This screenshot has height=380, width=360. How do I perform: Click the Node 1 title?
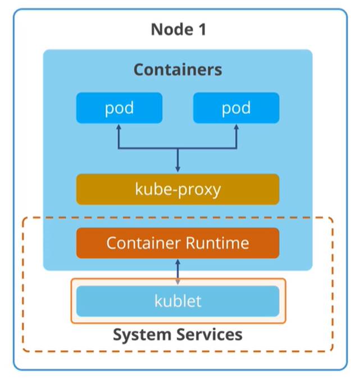pyautogui.click(x=179, y=30)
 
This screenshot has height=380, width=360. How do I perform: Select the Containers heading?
pyautogui.click(x=177, y=70)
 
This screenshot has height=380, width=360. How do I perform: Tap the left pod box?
pyautogui.click(x=119, y=108)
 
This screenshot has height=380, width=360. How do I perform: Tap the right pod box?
pyautogui.click(x=236, y=108)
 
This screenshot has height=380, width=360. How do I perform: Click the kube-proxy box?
pyautogui.click(x=177, y=189)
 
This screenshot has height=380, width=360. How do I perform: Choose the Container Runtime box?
pyautogui.click(x=177, y=243)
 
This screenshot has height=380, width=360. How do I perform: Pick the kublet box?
pyautogui.click(x=177, y=301)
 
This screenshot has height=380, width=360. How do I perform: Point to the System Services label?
pyautogui.click(x=177, y=335)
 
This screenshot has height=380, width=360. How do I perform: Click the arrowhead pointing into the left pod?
pyautogui.click(x=119, y=127)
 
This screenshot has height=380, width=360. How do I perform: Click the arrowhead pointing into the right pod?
pyautogui.click(x=236, y=127)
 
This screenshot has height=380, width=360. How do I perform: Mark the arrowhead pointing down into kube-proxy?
pyautogui.click(x=177, y=169)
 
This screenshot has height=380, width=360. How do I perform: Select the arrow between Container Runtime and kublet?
pyautogui.click(x=177, y=272)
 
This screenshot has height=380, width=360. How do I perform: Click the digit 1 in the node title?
pyautogui.click(x=203, y=30)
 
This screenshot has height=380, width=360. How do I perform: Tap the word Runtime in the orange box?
pyautogui.click(x=217, y=243)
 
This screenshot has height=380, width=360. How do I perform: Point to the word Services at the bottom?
pyautogui.click(x=209, y=334)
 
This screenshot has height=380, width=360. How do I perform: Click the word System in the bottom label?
pyautogui.click(x=142, y=335)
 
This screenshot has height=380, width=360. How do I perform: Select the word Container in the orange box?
pyautogui.click(x=144, y=243)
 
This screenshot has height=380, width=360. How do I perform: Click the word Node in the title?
pyautogui.click(x=172, y=30)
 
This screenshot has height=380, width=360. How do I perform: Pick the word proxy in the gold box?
pyautogui.click(x=199, y=190)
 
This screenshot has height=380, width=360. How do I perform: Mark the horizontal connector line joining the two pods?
pyautogui.click(x=177, y=148)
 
